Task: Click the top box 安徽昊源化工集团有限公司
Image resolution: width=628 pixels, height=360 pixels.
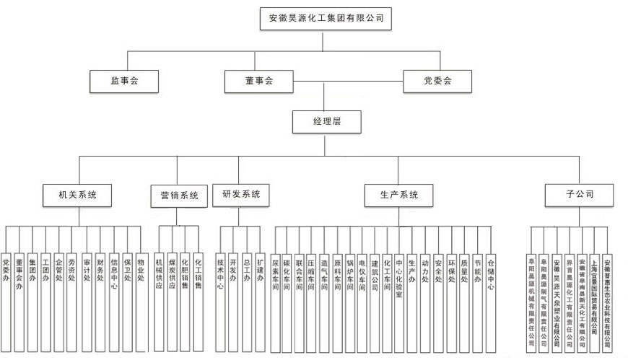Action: (326, 18)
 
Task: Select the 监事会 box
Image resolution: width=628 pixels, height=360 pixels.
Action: (124, 82)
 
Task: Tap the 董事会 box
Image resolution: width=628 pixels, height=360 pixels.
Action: (258, 82)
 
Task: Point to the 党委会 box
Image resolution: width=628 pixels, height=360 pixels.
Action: (437, 82)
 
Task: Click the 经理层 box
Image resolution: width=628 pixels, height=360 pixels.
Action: (326, 122)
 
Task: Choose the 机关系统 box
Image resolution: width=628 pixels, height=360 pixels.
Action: (77, 194)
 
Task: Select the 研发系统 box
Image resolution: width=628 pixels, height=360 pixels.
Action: (240, 193)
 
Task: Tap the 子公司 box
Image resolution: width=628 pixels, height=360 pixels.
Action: (580, 193)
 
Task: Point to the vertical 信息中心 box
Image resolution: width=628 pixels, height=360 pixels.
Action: (114, 271)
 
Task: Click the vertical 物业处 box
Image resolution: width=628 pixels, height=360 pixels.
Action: (140, 271)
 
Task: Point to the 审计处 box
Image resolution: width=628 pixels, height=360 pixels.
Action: (87, 271)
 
